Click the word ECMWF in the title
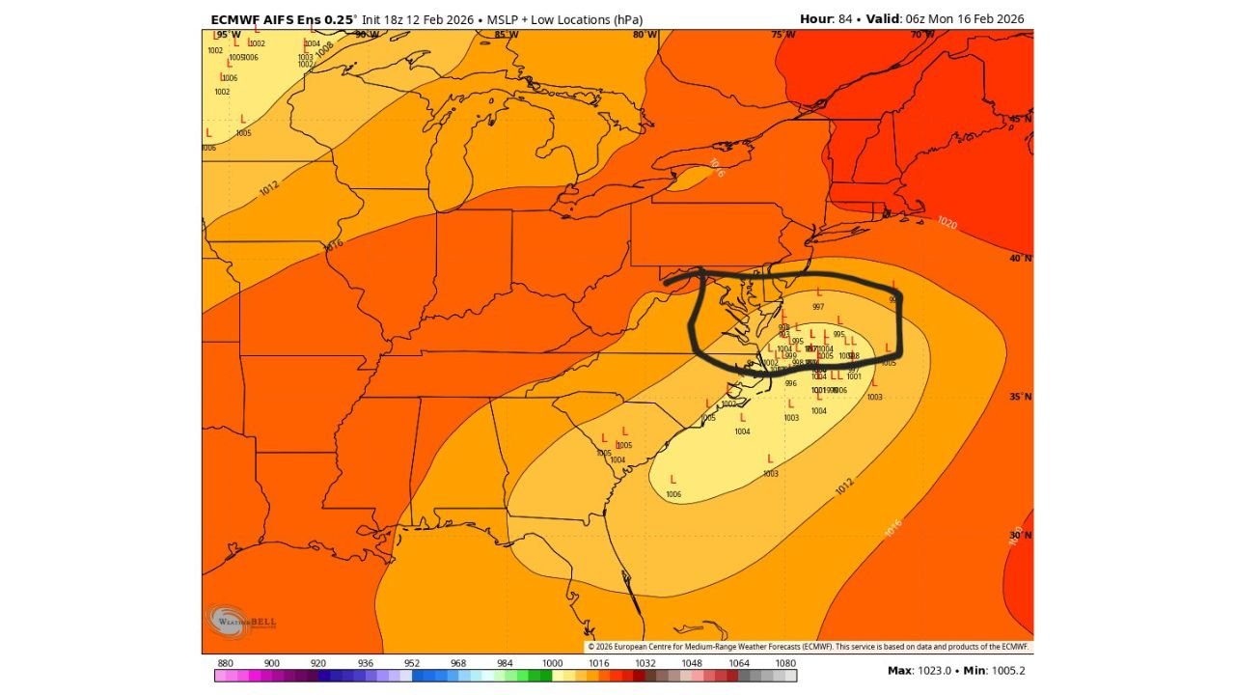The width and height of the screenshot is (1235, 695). pyautogui.click(x=236, y=19)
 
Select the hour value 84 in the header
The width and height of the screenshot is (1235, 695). pyautogui.click(x=841, y=19)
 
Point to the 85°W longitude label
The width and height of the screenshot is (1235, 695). pyautogui.click(x=506, y=35)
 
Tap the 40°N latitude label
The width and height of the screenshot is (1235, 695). pyautogui.click(x=1021, y=258)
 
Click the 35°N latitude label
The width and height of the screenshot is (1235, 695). pyautogui.click(x=1021, y=397)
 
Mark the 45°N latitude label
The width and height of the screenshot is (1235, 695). pyautogui.click(x=1021, y=119)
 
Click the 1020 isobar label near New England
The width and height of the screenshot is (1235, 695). pyautogui.click(x=947, y=223)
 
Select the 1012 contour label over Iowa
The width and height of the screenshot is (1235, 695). pyautogui.click(x=270, y=188)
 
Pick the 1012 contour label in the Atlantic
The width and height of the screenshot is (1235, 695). pyautogui.click(x=844, y=487)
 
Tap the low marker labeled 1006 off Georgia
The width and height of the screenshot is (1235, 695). pyautogui.click(x=672, y=480)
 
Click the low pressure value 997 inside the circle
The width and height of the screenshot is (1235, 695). pyautogui.click(x=818, y=306)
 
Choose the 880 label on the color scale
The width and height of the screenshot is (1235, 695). pyautogui.click(x=226, y=663)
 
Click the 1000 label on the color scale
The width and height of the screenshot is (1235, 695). pyautogui.click(x=552, y=663)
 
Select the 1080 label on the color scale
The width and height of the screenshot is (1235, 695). pyautogui.click(x=785, y=663)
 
